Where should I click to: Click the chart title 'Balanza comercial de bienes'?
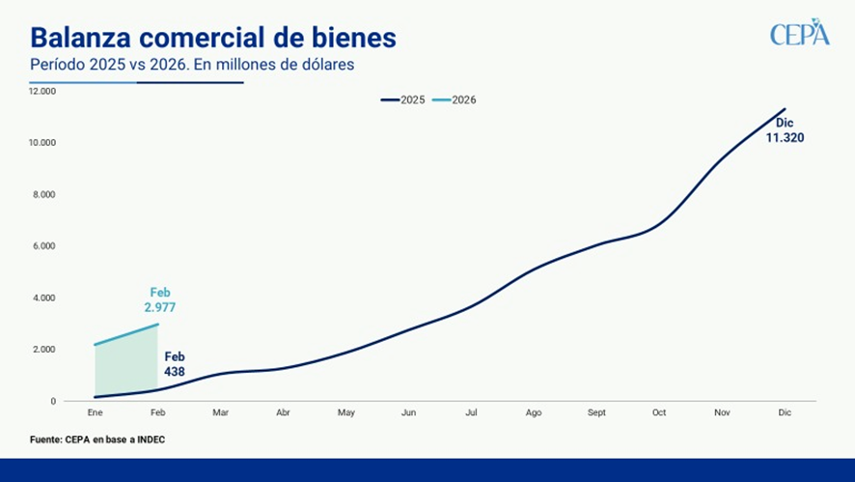[212, 37]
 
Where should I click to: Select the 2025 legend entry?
[402, 99]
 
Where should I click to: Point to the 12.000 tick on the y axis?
[42, 91]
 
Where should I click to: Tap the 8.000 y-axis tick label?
[42, 194]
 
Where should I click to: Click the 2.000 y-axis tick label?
[42, 349]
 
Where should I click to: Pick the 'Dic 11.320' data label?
[785, 131]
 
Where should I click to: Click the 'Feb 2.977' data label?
[160, 300]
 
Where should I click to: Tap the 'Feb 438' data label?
[175, 363]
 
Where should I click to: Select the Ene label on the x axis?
[95, 412]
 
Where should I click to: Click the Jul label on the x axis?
[471, 412]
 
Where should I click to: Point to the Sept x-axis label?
[596, 412]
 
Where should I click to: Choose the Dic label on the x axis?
[785, 412]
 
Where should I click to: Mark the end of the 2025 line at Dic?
[785, 109]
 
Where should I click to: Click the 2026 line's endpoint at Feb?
[158, 325]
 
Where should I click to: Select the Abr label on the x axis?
[283, 412]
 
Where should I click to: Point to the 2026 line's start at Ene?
[95, 345]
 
